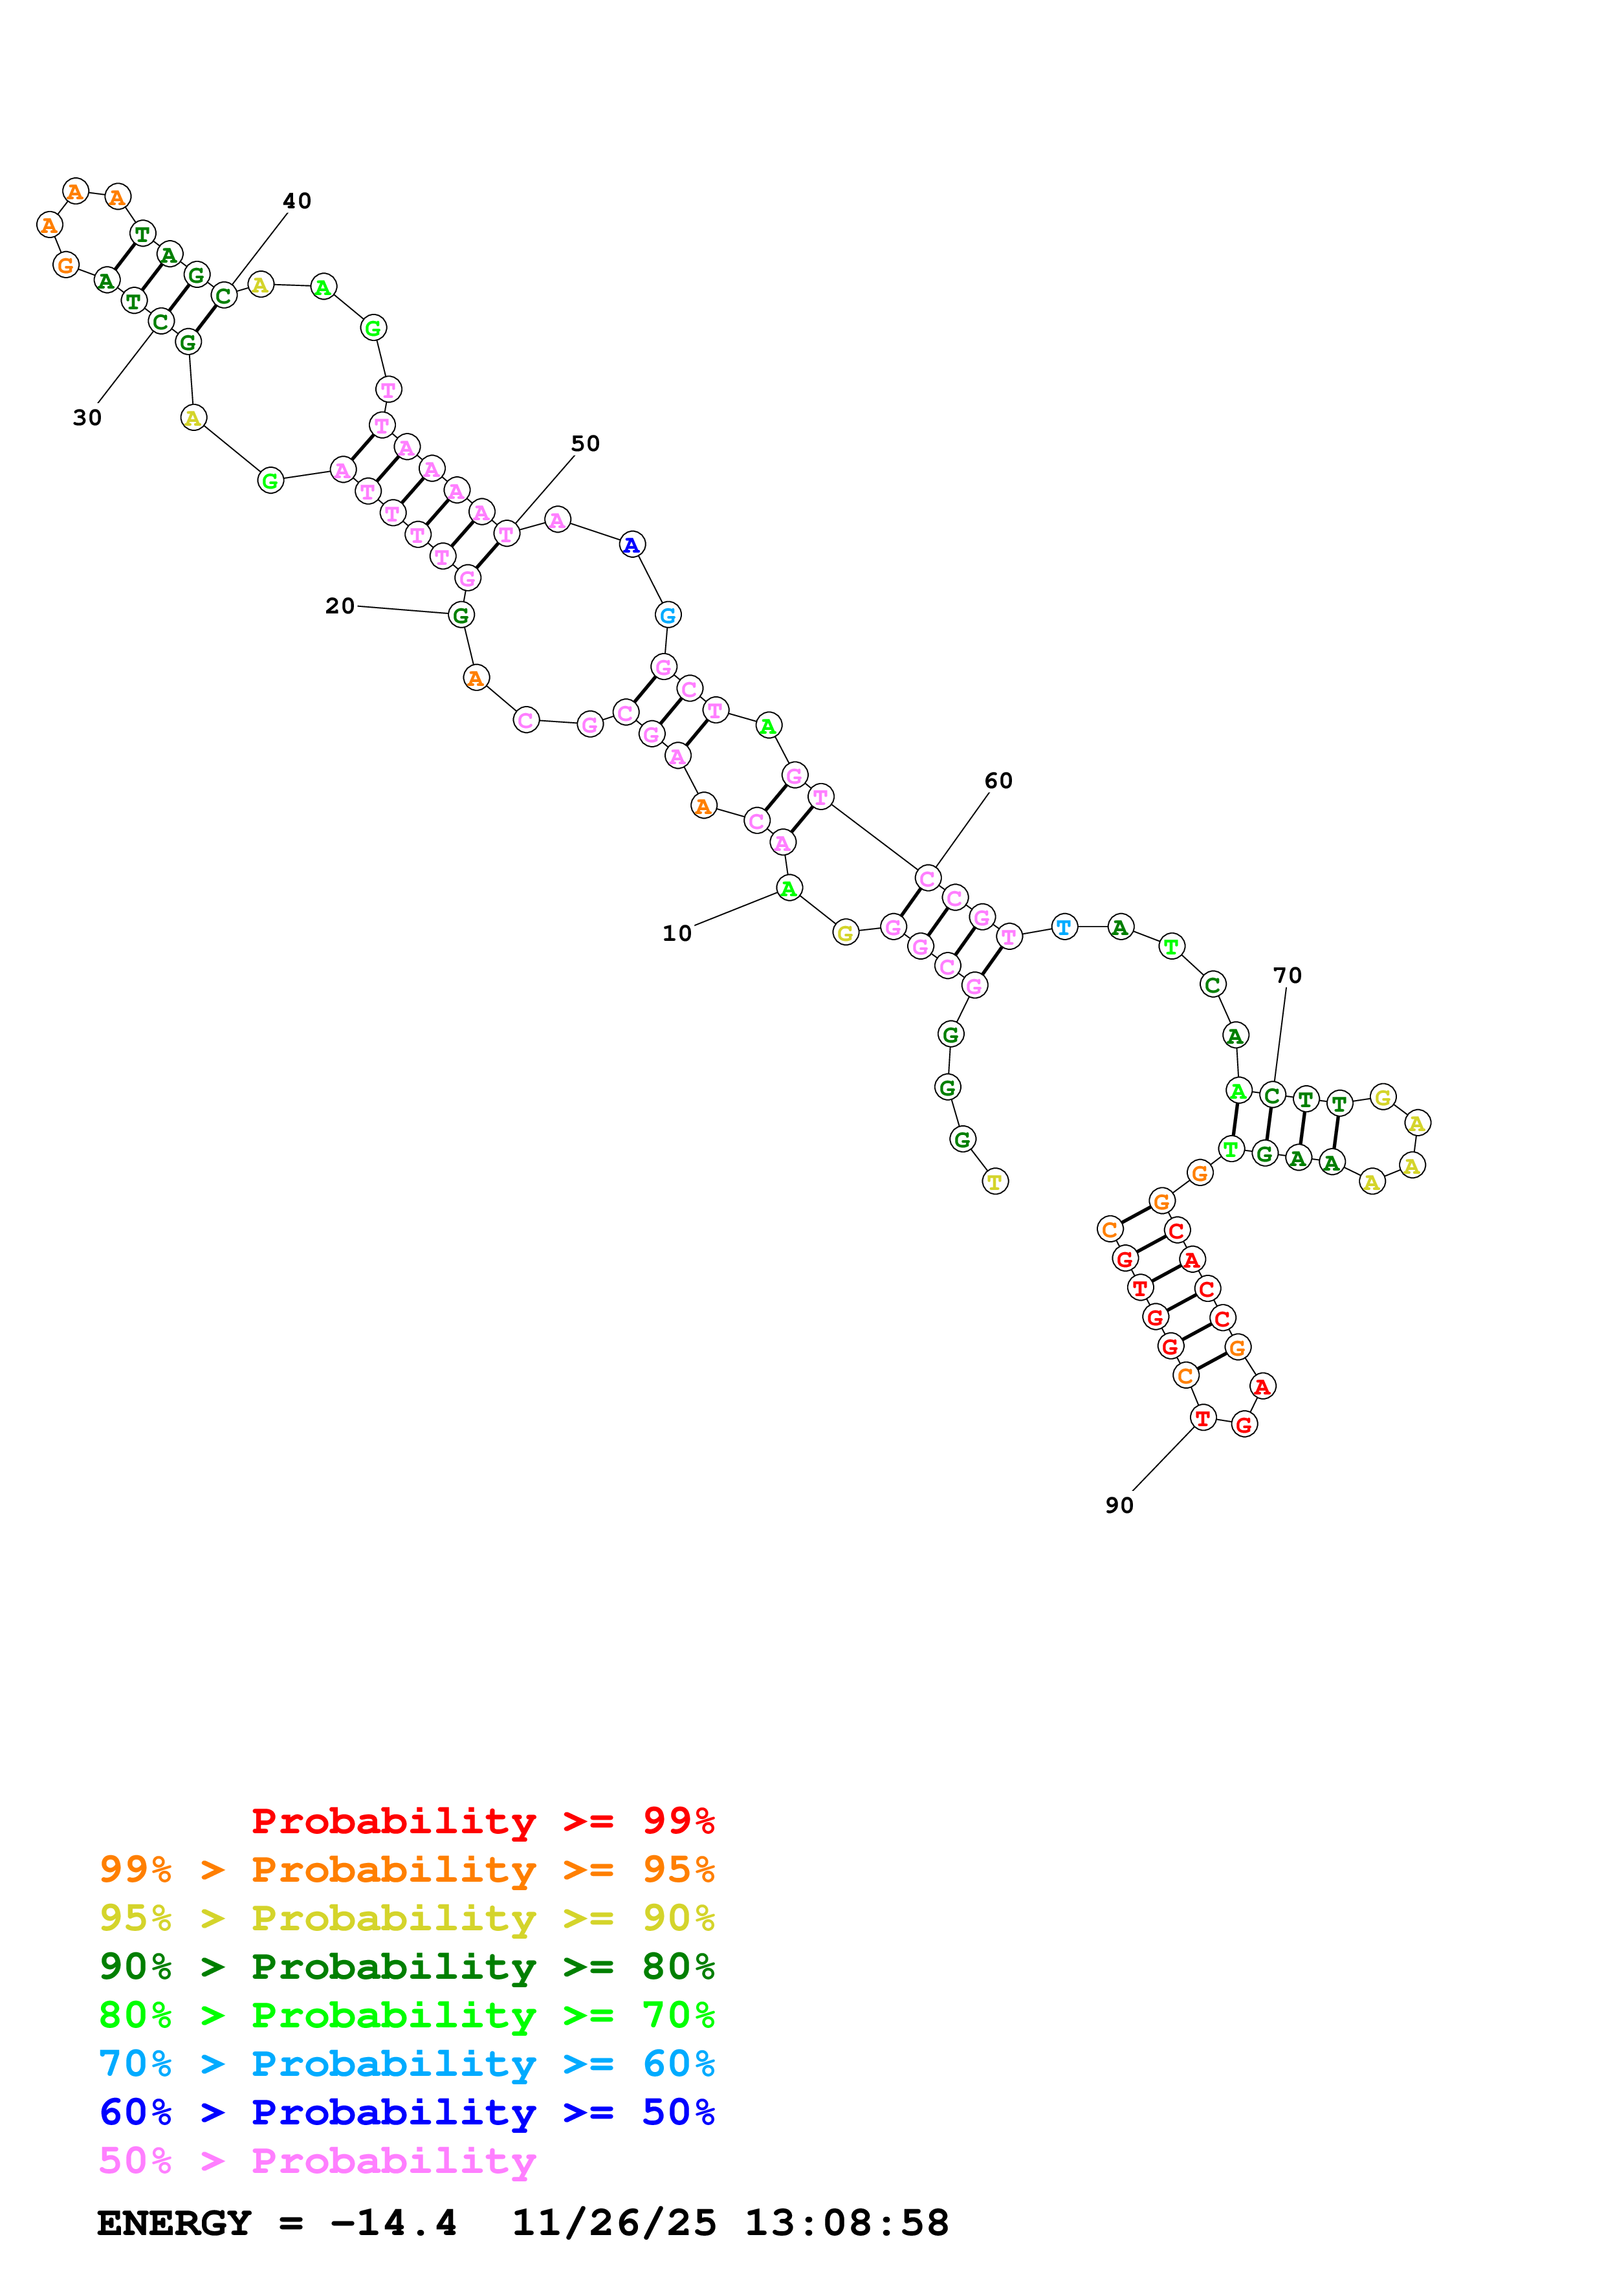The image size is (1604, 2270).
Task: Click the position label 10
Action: tap(677, 933)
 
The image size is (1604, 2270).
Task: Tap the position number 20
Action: tap(340, 606)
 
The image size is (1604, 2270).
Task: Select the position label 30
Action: tap(87, 418)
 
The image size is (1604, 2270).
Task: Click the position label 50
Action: tap(585, 444)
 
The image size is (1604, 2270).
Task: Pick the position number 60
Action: tap(998, 781)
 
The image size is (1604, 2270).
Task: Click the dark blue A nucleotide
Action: tap(632, 545)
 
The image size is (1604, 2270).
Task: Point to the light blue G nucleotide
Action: tap(668, 615)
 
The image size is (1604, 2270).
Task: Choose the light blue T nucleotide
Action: tap(1064, 927)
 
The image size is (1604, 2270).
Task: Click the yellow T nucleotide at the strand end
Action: tap(995, 1182)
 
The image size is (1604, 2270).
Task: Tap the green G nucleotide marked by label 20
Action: tap(461, 615)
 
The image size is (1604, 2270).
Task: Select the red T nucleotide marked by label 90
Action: tap(1202, 1418)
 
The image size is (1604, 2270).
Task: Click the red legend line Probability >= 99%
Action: tap(482, 1821)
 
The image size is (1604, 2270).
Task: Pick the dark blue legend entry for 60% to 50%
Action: tap(407, 2113)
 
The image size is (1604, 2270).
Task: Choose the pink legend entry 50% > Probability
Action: tap(316, 2161)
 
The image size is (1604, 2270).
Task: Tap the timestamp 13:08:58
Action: tap(846, 2223)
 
